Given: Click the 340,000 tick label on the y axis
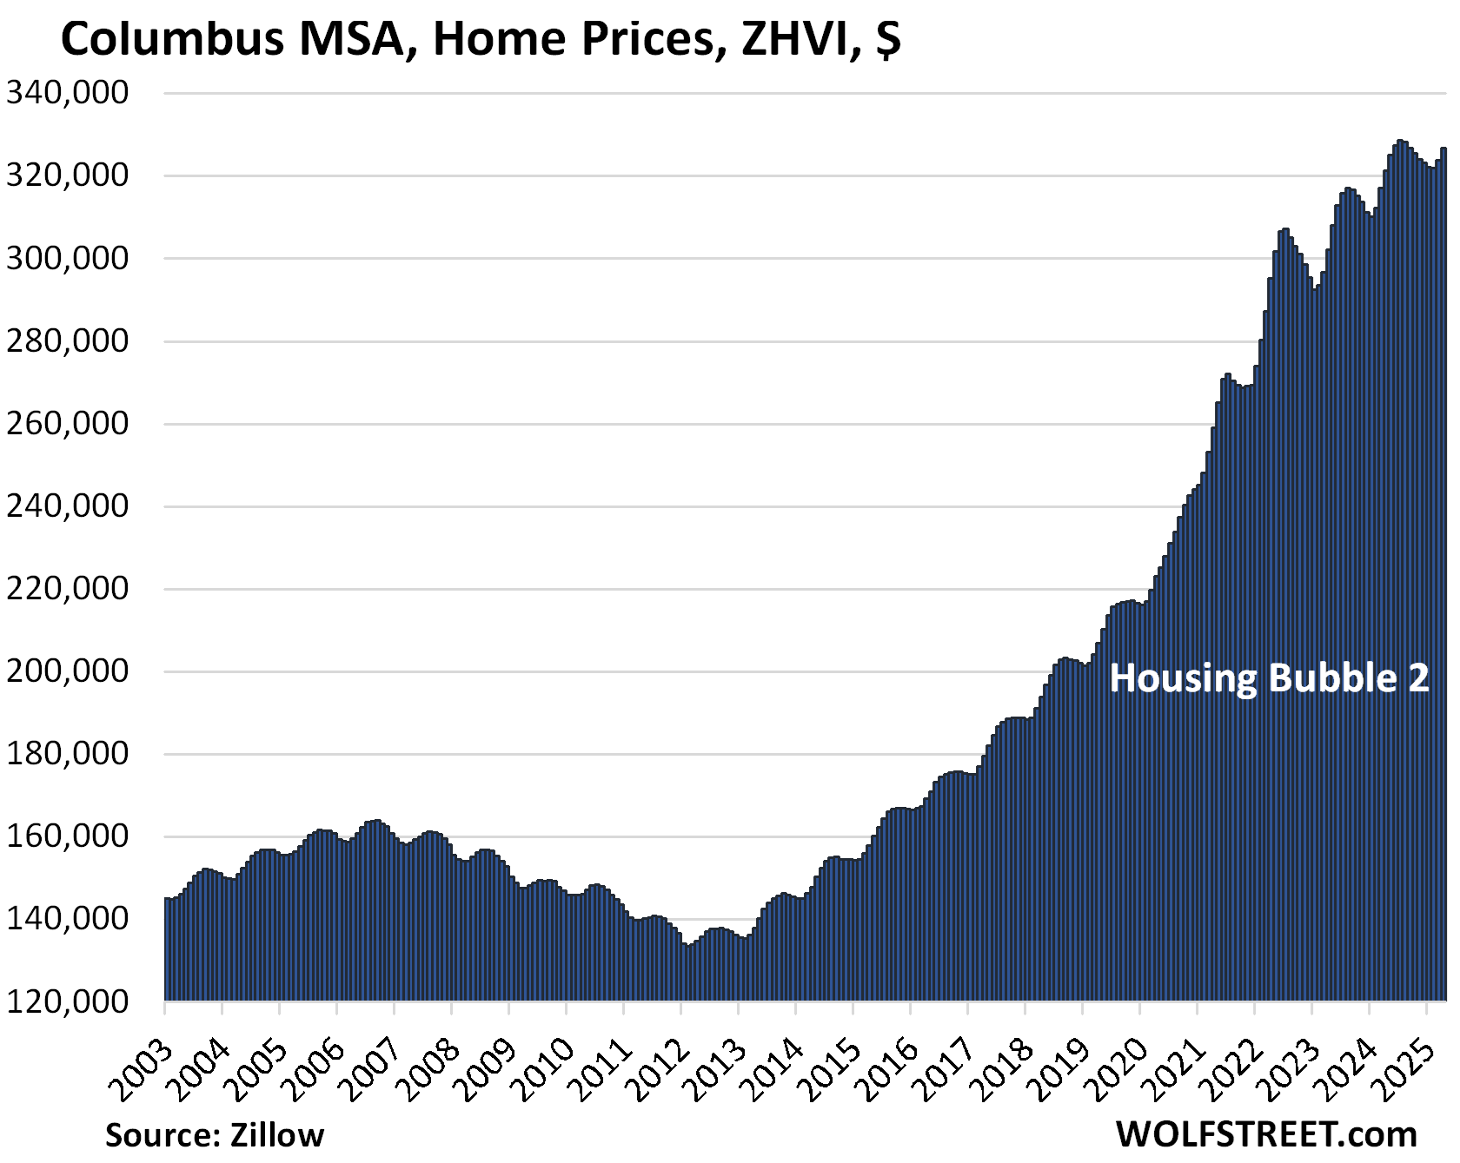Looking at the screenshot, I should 68,92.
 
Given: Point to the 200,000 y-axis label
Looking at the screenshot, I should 68,671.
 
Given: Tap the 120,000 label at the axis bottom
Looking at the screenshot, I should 68,1001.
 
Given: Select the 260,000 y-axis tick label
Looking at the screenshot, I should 68,424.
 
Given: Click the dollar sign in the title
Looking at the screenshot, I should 887,40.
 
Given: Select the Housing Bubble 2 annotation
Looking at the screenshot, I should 1269,678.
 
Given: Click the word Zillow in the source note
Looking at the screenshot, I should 276,1135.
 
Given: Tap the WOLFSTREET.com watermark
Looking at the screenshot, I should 1266,1133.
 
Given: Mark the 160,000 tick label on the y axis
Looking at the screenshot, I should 68,836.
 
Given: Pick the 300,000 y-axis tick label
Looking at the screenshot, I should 68,258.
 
